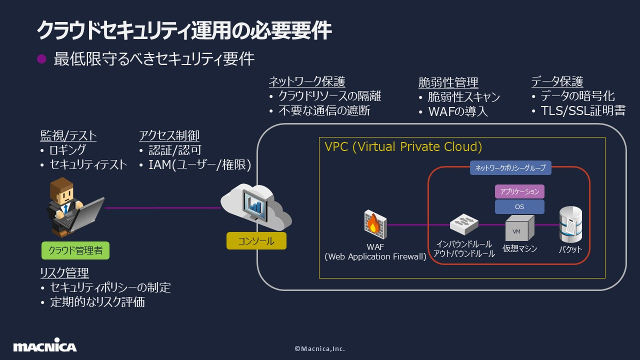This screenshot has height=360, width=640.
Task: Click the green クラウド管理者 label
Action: [x=75, y=250]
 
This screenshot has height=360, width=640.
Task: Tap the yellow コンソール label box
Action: [x=256, y=240]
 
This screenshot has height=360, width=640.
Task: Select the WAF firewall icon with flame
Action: [x=374, y=224]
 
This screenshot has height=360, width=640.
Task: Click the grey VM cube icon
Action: [x=519, y=229]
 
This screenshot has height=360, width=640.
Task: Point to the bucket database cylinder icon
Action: [x=570, y=224]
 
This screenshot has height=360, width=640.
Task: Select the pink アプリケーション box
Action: [x=519, y=191]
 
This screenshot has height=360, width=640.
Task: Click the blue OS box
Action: [x=519, y=206]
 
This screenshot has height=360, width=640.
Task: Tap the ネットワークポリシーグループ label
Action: [x=510, y=168]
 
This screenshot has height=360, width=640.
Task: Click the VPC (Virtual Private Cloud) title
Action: [x=403, y=146]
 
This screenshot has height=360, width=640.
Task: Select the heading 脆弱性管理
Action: [x=448, y=82]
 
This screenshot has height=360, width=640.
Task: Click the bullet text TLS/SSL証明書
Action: [x=583, y=110]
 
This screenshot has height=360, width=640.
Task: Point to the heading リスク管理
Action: [x=64, y=272]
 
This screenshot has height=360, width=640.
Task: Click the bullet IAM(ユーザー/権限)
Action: [x=199, y=164]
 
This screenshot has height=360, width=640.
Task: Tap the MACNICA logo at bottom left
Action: [x=45, y=346]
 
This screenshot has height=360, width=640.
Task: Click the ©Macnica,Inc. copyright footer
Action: [x=319, y=348]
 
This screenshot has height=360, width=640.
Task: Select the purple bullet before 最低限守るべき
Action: [x=42, y=59]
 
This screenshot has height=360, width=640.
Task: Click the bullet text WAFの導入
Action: [x=457, y=111]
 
